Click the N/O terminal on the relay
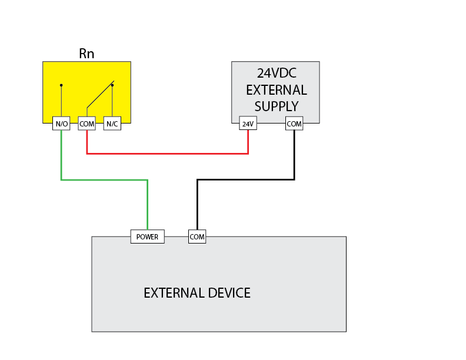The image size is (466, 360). point(61,124)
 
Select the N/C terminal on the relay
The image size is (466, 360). point(112,124)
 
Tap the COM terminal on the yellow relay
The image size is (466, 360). point(86,124)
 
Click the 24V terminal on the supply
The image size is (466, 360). point(248,124)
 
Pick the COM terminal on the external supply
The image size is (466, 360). point(294,124)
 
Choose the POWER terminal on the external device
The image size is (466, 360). point(147,237)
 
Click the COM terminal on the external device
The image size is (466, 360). point(197,237)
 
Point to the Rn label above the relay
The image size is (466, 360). point(86,54)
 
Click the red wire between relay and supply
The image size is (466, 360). point(167,154)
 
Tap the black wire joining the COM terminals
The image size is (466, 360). point(246,180)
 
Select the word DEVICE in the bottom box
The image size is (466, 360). point(227,293)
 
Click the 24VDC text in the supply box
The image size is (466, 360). point(276,74)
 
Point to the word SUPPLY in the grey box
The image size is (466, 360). point(276,106)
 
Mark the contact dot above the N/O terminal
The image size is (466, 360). point(61,85)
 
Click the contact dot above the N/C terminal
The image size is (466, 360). point(112,85)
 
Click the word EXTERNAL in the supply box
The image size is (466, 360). point(276,90)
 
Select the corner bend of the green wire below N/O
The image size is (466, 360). point(61,180)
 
